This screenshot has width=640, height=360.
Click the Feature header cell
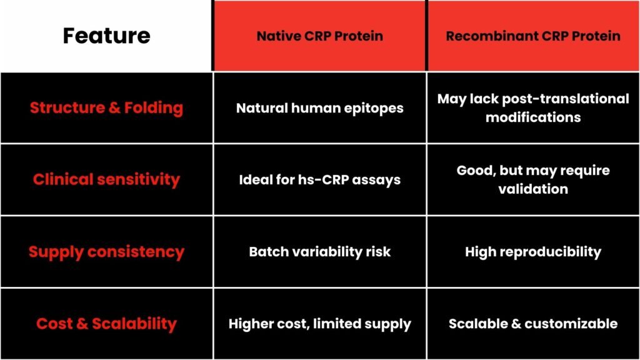pyautogui.click(x=106, y=36)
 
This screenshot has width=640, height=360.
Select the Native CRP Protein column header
pyautogui.click(x=319, y=36)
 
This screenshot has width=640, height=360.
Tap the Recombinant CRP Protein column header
pyautogui.click(x=533, y=36)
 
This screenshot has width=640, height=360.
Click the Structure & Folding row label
pyautogui.click(x=106, y=107)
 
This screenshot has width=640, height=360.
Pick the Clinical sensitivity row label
pyautogui.click(x=106, y=179)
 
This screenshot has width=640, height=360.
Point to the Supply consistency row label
pyautogui.click(x=106, y=251)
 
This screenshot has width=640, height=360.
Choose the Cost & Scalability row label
pyautogui.click(x=106, y=324)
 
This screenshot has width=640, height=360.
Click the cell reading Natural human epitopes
pyautogui.click(x=319, y=107)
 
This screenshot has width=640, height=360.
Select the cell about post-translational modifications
pyautogui.click(x=533, y=107)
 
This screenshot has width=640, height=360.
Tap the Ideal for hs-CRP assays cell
pyautogui.click(x=319, y=179)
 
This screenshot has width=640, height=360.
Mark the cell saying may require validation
pyautogui.click(x=533, y=179)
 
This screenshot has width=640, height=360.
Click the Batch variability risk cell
pyautogui.click(x=319, y=251)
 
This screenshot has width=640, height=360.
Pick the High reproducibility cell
pyautogui.click(x=533, y=251)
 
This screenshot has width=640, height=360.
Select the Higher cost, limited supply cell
pyautogui.click(x=319, y=324)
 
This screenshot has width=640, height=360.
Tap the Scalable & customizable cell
pyautogui.click(x=533, y=324)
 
